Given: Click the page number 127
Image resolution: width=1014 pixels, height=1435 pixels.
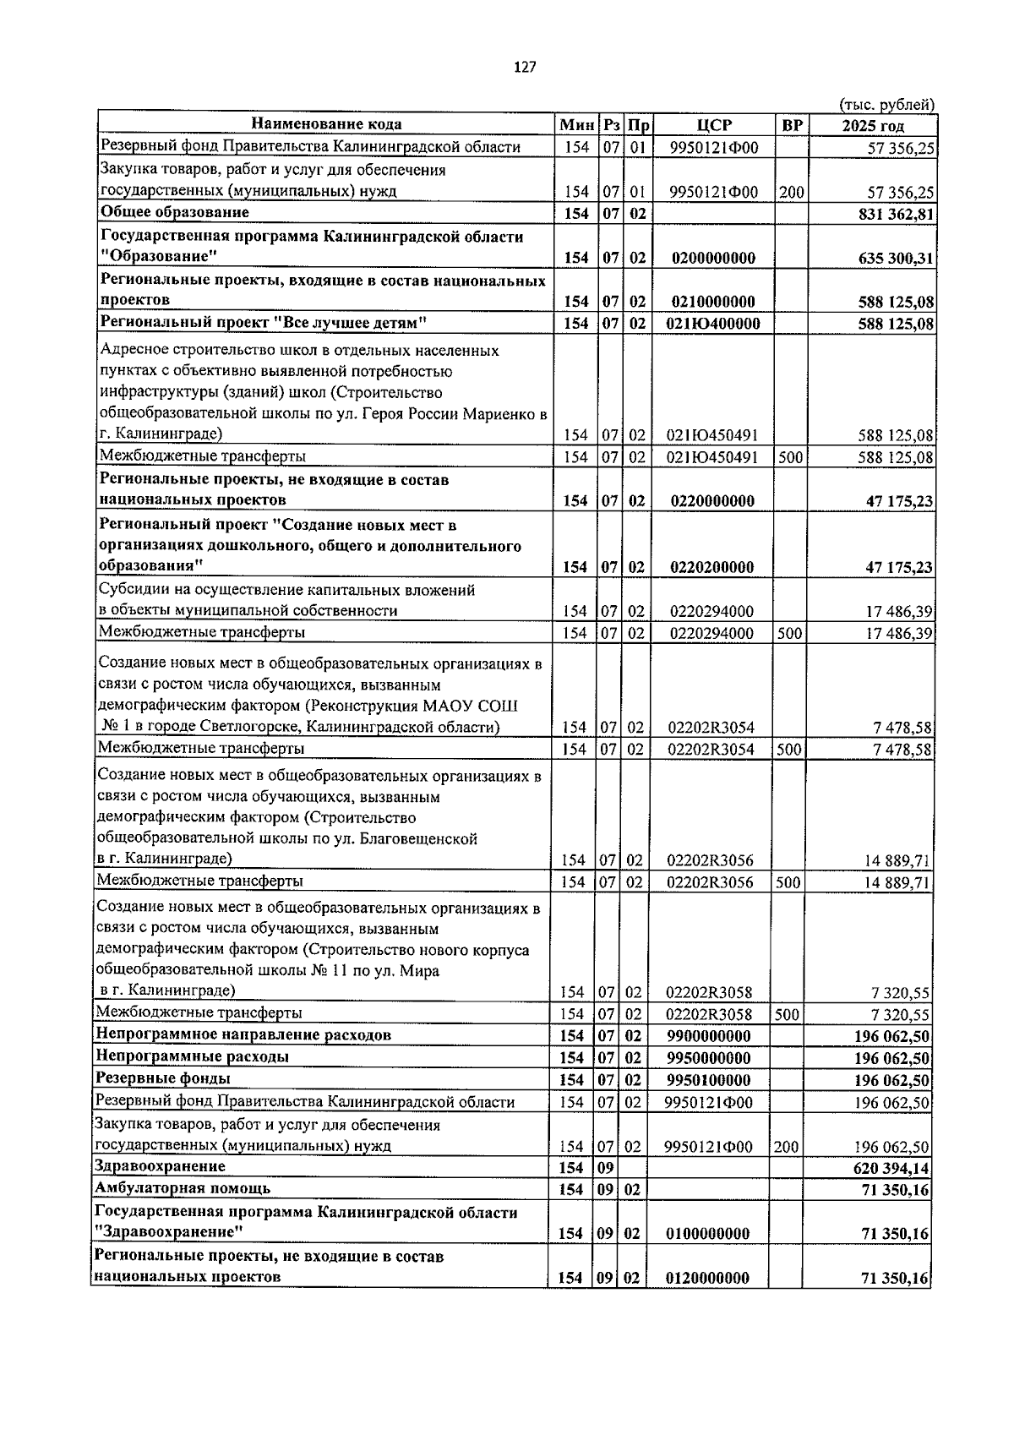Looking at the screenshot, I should point(524,68).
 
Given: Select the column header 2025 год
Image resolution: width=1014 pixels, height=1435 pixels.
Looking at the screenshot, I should point(872,127).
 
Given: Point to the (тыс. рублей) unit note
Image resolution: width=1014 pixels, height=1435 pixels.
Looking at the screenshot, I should point(886,105).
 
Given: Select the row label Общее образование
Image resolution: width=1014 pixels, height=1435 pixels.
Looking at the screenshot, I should point(175,212).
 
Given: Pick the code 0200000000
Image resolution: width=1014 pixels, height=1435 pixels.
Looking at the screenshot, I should point(714,258).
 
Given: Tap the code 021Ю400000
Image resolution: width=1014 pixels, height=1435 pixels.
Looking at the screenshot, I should point(714,324).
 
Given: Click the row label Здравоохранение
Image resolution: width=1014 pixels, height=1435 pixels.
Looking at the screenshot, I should point(161,1166).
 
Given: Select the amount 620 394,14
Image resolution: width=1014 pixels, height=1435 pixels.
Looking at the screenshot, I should point(891,1168).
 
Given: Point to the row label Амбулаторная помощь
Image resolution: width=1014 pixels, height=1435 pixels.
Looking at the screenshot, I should point(183,1188).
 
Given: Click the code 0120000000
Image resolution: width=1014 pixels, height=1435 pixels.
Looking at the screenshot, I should point(708,1278).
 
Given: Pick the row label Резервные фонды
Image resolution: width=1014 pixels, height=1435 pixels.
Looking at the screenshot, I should point(163,1078).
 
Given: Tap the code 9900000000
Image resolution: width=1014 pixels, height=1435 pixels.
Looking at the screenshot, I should point(708,1036).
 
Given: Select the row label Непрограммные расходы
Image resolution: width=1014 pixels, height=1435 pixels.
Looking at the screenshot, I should point(192,1056).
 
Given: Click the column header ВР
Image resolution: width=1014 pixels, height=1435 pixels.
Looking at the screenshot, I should point(792,126).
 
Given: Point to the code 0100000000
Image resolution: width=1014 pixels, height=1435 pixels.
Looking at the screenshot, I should point(708,1234).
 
